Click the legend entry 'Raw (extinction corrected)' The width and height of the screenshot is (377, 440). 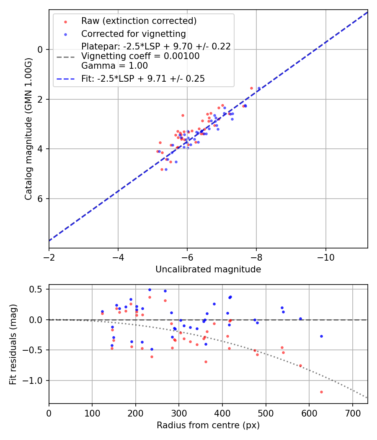point(139,21)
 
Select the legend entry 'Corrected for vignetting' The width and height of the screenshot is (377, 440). point(133,34)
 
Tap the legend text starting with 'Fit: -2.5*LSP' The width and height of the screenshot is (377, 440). point(143,79)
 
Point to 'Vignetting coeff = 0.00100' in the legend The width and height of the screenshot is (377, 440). point(140,56)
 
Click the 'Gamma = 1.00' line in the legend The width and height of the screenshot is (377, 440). point(114,66)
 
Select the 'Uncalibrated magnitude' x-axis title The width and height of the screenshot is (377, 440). point(208,269)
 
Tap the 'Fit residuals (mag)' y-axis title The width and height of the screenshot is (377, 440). point(13,344)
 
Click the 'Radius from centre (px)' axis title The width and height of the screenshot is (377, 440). point(208,425)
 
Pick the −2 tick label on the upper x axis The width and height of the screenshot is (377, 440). point(49,257)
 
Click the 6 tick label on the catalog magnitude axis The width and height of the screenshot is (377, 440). point(40,199)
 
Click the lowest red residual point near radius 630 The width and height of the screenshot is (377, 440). point(321,392)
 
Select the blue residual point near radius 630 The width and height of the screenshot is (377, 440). point(321,336)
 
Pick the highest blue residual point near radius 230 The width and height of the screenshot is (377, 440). point(150,290)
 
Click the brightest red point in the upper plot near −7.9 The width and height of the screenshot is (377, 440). point(251,88)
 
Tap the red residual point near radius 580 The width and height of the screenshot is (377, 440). point(300,365)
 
